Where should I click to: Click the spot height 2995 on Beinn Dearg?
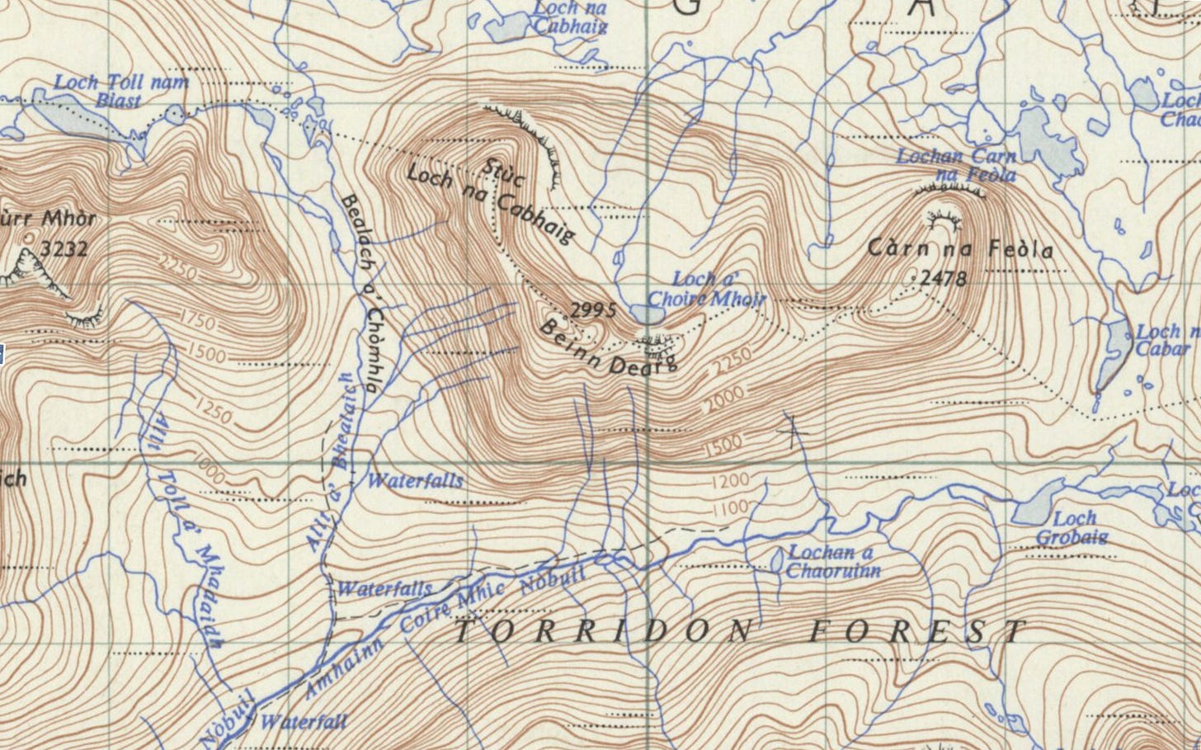tap(593, 310)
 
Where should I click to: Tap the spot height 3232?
tap(64, 248)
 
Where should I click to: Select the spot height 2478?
tap(942, 278)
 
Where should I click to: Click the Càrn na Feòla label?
tap(960, 248)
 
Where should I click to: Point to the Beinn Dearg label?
tap(607, 348)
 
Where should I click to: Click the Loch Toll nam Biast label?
tap(120, 91)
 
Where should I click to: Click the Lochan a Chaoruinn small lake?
tap(776, 561)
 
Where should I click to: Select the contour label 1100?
tap(728, 506)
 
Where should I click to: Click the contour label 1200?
tap(728, 480)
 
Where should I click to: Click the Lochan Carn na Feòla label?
tap(957, 164)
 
